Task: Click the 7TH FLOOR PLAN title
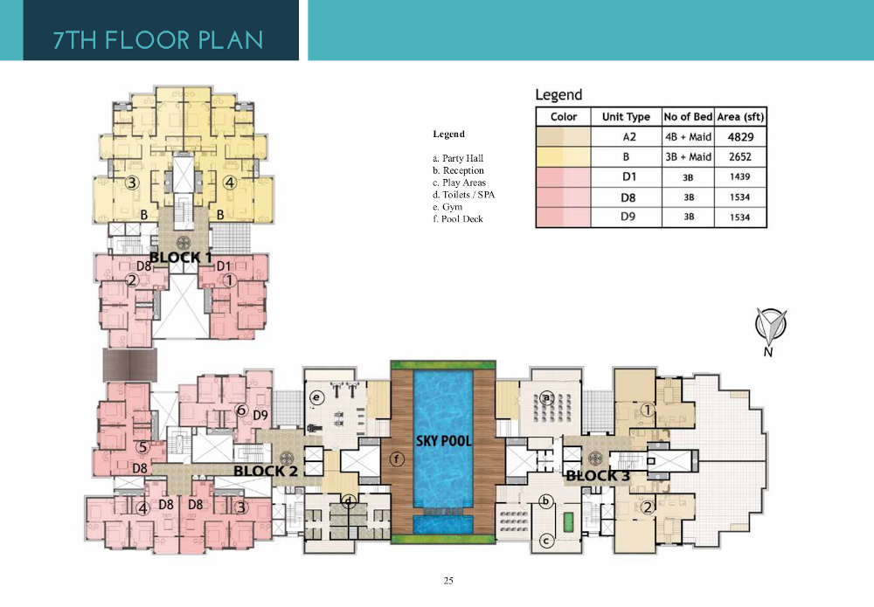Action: coord(158,40)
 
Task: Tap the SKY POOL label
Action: coord(444,441)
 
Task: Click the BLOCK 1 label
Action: coord(181,258)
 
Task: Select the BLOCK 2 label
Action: coord(266,471)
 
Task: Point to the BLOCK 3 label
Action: coord(598,476)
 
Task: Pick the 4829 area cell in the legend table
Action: coord(741,137)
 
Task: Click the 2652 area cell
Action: coord(740,157)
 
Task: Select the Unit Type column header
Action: coord(626,117)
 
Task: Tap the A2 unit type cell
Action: coord(629,137)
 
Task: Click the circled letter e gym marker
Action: coord(316,397)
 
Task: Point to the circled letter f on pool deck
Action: coord(397,459)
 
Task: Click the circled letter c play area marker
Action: coord(546,541)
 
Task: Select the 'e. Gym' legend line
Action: coord(447,207)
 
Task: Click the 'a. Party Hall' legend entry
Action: coord(458,158)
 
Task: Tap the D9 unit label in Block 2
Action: coord(260,416)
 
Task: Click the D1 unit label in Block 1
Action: coord(224,266)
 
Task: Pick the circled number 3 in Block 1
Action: coord(132,183)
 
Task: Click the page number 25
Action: coord(448,581)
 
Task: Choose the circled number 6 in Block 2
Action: coord(241,410)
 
